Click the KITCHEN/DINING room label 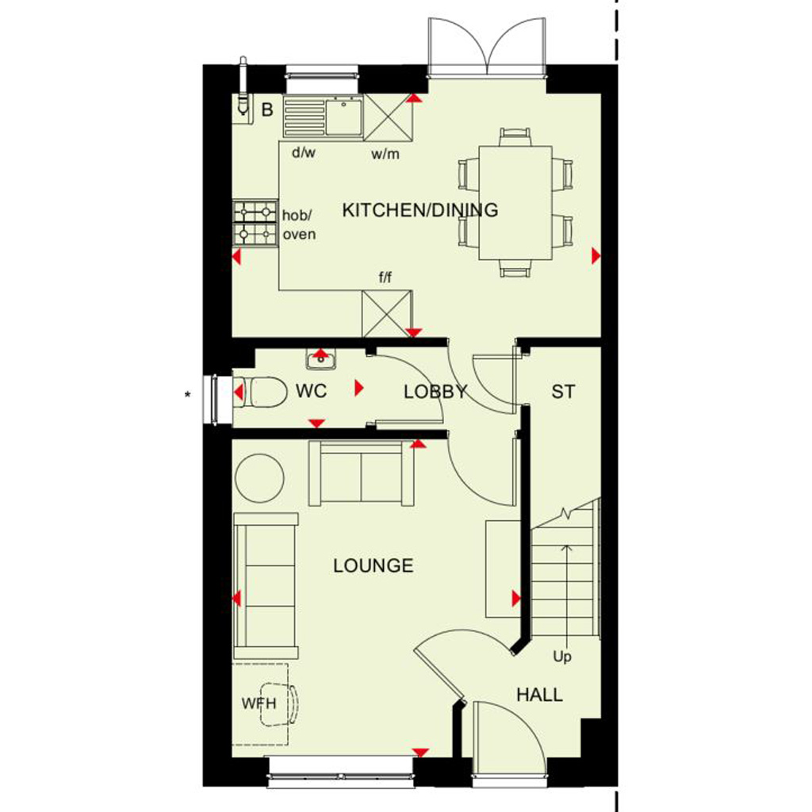pyautogui.click(x=420, y=209)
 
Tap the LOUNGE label pyautogui.click(x=373, y=565)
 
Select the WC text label pyautogui.click(x=311, y=391)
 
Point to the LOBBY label pyautogui.click(x=435, y=392)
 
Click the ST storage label pyautogui.click(x=563, y=392)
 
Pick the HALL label pyautogui.click(x=539, y=695)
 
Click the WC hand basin pyautogui.click(x=321, y=359)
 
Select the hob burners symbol pyautogui.click(x=254, y=224)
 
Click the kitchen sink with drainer pyautogui.click(x=324, y=117)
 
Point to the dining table pyautogui.click(x=515, y=202)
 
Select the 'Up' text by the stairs pyautogui.click(x=562, y=657)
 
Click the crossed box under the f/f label pyautogui.click(x=387, y=314)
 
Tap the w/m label pyautogui.click(x=385, y=155)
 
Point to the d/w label pyautogui.click(x=304, y=152)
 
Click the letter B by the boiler pyautogui.click(x=267, y=109)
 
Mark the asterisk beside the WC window pyautogui.click(x=187, y=395)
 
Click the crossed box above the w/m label pyautogui.click(x=389, y=117)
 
